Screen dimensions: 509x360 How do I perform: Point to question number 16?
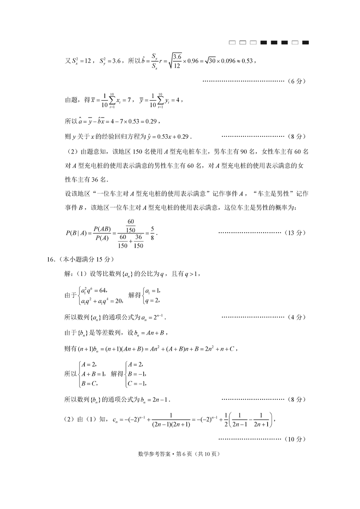pos(50,259)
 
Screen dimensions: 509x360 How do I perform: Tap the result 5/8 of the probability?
pos(152,233)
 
